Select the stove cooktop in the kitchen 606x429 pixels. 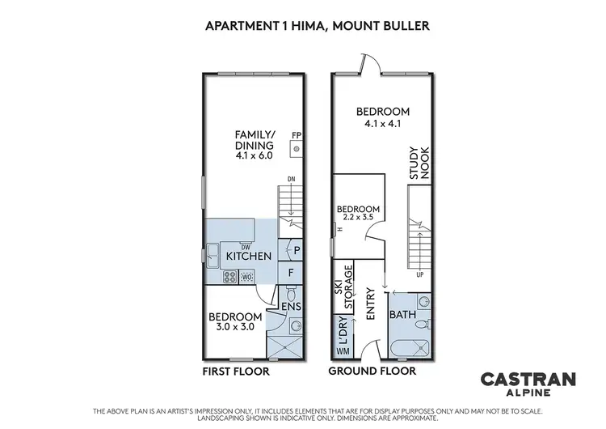click(229, 277)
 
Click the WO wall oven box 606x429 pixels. click(247, 277)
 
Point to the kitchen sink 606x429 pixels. click(211, 259)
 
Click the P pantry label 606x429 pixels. click(297, 252)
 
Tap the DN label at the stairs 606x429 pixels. click(291, 180)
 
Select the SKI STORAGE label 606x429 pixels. click(344, 288)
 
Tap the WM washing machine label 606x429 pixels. click(343, 350)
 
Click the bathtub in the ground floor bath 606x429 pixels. click(410, 350)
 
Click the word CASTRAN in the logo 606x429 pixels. click(517, 378)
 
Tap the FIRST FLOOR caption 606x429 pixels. click(236, 372)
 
